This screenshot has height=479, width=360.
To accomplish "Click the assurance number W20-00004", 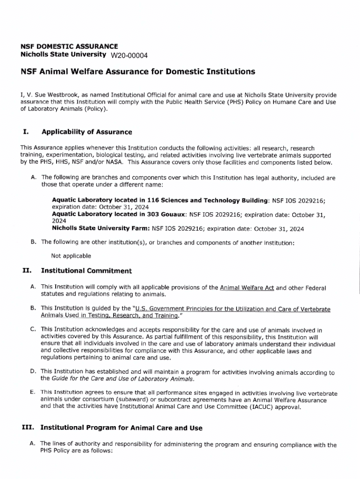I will tap(129, 56).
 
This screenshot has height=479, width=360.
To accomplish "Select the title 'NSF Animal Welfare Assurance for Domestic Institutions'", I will tap(138, 72).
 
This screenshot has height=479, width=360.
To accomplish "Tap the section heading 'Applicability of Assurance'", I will tap(86, 132).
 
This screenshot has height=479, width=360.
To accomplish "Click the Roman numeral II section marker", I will tap(27, 271).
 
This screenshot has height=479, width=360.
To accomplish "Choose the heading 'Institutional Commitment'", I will tap(86, 271).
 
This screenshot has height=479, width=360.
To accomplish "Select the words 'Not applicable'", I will tap(71, 256).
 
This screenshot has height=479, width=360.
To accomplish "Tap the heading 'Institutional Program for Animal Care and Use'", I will tap(122, 428).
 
